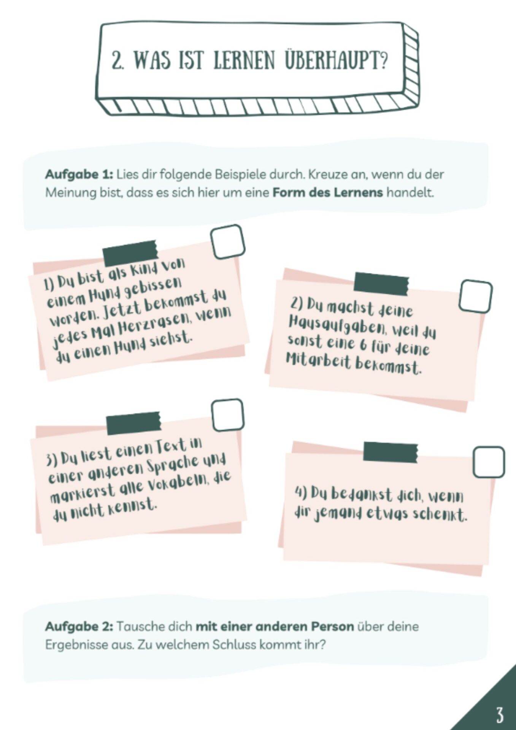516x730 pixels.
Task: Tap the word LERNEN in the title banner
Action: [x=244, y=61]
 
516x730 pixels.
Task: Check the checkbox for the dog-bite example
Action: [x=227, y=242]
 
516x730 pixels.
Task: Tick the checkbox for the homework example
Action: [x=475, y=296]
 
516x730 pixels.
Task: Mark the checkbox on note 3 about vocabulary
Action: [x=227, y=415]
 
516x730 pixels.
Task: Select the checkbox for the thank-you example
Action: [x=489, y=462]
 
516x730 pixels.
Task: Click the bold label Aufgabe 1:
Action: [x=79, y=175]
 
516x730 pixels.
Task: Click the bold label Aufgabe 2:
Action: [x=79, y=626]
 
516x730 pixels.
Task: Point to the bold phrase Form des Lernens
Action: [x=327, y=192]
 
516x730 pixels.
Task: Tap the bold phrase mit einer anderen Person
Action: [x=275, y=626]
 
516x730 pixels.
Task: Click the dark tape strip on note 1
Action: [x=130, y=253]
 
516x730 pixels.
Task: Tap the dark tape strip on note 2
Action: [x=381, y=284]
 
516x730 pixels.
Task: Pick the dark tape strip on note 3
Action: [x=134, y=423]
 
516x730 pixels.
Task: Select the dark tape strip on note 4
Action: [x=391, y=452]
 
